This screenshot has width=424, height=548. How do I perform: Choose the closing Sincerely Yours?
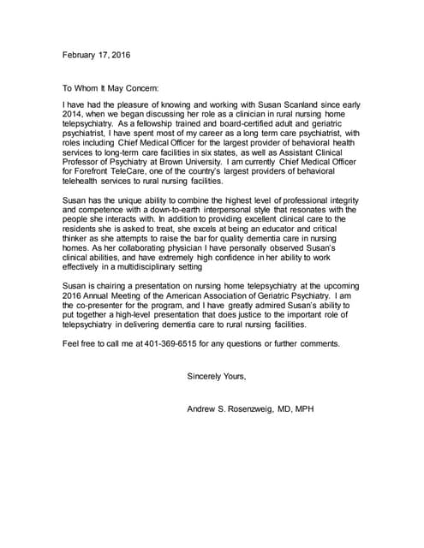point(217,377)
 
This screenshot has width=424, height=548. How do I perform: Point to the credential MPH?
point(305,409)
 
